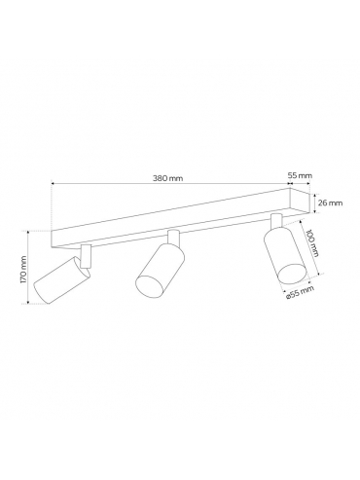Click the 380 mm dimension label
point(167,178)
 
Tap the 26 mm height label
point(330,203)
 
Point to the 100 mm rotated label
point(312,243)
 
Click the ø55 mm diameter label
point(300,292)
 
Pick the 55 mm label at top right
point(300,175)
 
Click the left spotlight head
point(62,279)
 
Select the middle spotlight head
point(160,270)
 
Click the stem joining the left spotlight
point(86,256)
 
